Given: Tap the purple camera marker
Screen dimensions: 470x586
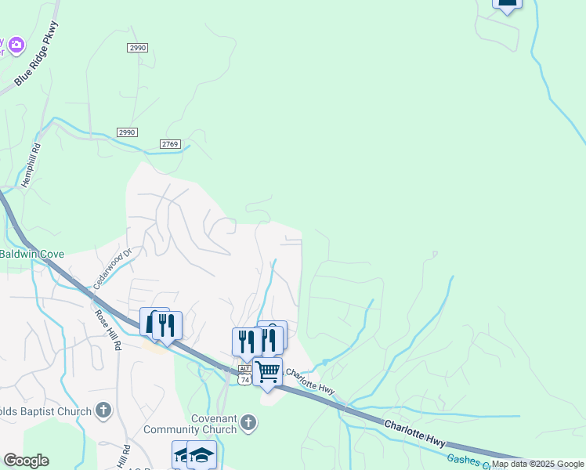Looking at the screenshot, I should tap(17, 43).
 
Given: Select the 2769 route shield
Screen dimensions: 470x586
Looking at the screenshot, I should tap(170, 144).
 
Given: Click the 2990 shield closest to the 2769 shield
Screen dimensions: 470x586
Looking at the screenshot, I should tap(128, 132).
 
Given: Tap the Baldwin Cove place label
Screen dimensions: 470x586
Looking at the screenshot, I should tap(31, 254).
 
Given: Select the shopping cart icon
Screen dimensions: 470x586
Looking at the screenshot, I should tap(268, 371).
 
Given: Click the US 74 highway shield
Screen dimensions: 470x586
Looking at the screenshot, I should tap(245, 379).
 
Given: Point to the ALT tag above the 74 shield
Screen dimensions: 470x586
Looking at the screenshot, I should tap(245, 369).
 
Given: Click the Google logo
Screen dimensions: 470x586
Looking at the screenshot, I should tap(26, 461).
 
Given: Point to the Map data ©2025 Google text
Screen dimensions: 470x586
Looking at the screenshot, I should tap(537, 465).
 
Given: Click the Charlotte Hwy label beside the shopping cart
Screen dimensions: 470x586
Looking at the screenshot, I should tap(310, 381).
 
